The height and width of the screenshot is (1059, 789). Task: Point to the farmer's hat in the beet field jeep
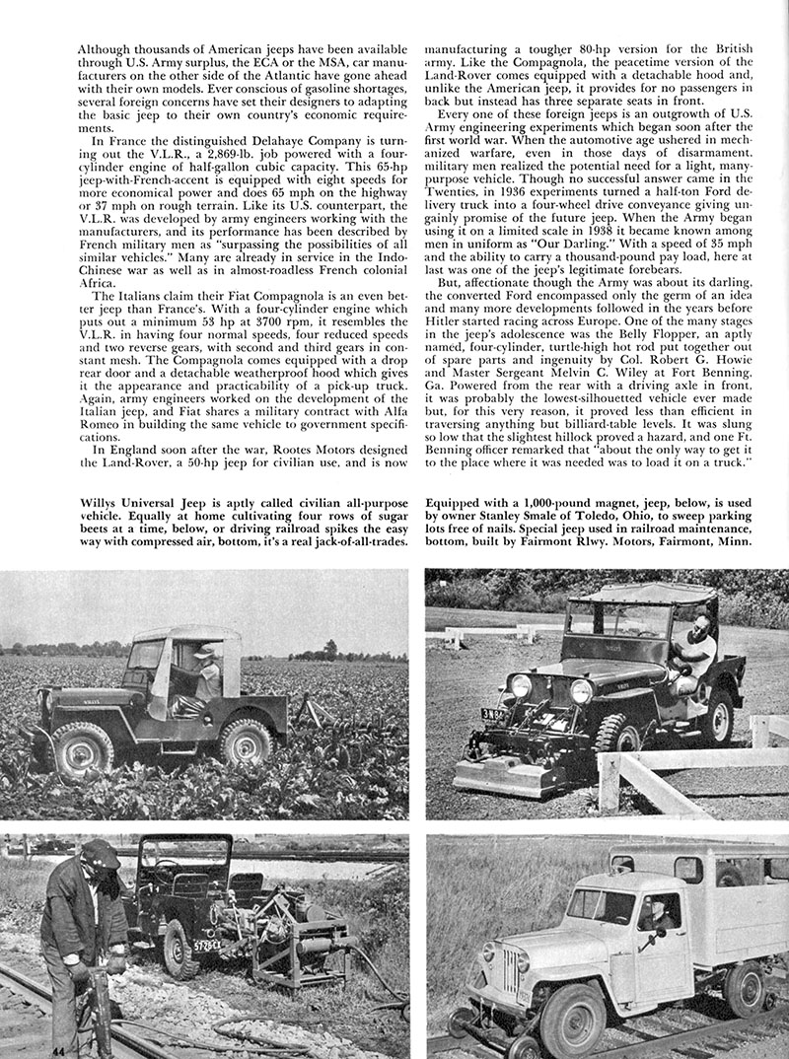[206, 651]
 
